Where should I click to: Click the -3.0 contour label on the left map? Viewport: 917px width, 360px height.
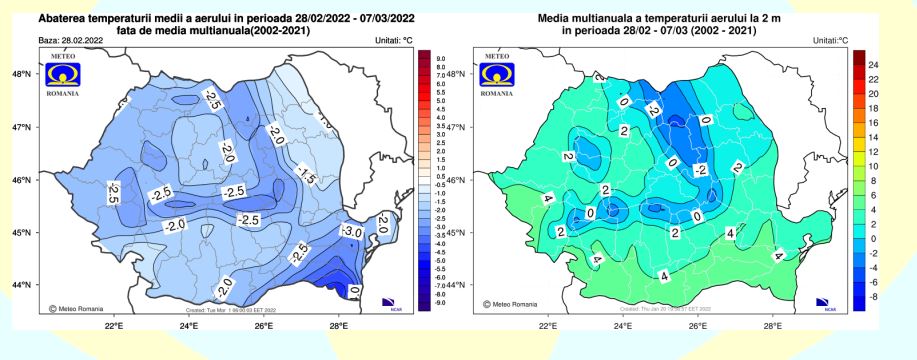pos(352,232)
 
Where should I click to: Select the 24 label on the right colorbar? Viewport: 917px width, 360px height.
pos(872,65)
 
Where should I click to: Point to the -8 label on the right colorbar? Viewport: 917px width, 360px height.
pos(872,297)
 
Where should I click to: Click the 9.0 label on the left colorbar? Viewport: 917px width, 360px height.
pos(438,60)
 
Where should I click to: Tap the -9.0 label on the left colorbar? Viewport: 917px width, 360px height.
pos(438,302)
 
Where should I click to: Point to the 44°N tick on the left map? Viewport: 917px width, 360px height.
pos(22,285)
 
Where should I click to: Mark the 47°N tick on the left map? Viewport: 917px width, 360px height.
pos(22,127)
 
